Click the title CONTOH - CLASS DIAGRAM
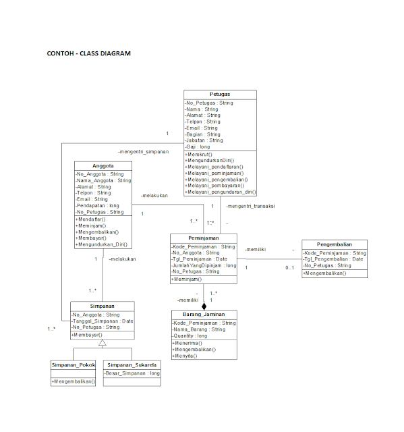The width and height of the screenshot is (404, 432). [88, 53]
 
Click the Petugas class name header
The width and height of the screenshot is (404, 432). [220, 94]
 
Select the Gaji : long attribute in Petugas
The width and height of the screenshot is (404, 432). [198, 146]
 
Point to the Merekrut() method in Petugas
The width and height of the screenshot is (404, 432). [199, 154]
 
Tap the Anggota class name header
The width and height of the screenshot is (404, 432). [103, 165]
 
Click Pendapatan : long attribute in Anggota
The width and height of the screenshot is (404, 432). [98, 205]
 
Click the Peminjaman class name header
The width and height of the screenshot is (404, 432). [204, 238]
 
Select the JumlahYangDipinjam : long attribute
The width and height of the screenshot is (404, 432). [204, 265]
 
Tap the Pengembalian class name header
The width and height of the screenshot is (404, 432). [335, 244]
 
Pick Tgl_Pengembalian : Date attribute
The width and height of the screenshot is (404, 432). [334, 259]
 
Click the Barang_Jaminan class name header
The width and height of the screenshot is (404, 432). [204, 315]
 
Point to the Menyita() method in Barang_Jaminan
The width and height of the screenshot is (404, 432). [188, 356]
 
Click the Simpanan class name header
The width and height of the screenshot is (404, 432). [103, 306]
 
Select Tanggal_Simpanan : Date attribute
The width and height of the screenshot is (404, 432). [103, 321]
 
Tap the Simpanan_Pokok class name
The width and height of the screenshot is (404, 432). [73, 365]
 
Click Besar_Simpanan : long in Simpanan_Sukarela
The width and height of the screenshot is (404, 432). [132, 373]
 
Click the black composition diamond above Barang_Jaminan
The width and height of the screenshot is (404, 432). [204, 306]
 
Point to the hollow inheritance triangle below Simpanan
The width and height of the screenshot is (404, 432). [103, 344]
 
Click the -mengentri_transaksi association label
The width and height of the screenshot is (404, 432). [250, 206]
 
